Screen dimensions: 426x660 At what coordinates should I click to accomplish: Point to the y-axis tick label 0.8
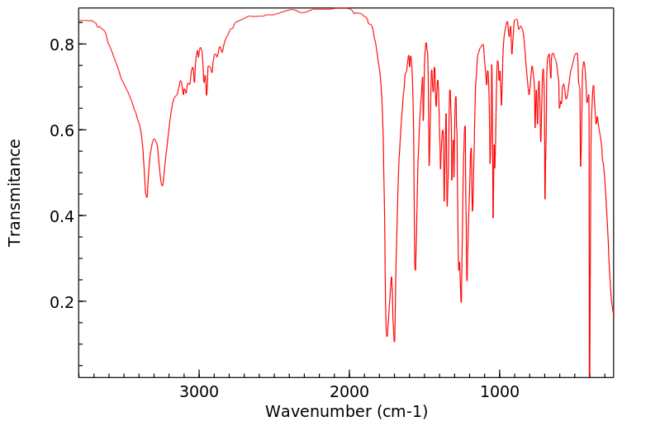63,44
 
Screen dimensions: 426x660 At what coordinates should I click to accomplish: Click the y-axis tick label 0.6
63,130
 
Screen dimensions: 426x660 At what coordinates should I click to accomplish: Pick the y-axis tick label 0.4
63,215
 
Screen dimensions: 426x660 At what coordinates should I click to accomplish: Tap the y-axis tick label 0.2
63,301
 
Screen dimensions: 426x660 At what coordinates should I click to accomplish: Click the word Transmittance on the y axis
15,192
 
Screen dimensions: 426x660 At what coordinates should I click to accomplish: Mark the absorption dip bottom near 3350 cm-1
146,197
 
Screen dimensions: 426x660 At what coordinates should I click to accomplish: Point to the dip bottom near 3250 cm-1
162,186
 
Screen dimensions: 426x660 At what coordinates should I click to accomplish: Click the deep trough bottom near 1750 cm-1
387,336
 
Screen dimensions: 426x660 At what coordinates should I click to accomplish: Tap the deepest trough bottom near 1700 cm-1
394,341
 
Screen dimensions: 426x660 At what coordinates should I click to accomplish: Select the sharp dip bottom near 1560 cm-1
415,270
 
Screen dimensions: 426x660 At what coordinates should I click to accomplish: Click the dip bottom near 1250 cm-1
461,302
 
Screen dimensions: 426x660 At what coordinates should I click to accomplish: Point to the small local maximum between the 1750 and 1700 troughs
391,277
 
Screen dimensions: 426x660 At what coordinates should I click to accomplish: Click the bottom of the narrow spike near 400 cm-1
589,376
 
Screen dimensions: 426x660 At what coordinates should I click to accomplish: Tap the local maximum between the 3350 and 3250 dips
154,140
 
